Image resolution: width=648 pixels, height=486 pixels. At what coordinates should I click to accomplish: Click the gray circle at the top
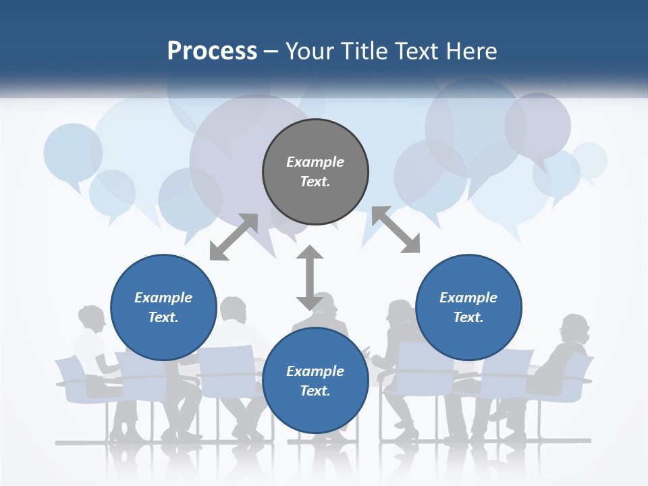pyautogui.click(x=315, y=171)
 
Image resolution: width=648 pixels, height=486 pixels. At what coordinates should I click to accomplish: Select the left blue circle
pyautogui.click(x=163, y=307)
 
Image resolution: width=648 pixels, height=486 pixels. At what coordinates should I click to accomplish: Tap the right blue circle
pyautogui.click(x=468, y=307)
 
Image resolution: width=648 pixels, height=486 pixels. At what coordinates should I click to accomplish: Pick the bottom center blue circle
pyautogui.click(x=315, y=381)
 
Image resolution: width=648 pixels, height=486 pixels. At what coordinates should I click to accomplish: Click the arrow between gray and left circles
pyautogui.click(x=234, y=237)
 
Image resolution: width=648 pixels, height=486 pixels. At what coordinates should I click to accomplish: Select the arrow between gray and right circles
pyautogui.click(x=396, y=230)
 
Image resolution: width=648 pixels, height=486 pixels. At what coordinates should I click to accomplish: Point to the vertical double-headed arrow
pyautogui.click(x=310, y=277)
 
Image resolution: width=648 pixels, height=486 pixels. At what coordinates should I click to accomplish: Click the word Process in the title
pyautogui.click(x=212, y=51)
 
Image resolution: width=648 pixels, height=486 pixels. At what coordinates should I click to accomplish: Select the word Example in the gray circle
pyautogui.click(x=315, y=162)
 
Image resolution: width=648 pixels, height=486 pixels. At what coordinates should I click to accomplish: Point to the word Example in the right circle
pyautogui.click(x=468, y=298)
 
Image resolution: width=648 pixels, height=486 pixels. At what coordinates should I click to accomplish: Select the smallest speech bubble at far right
pyautogui.click(x=589, y=160)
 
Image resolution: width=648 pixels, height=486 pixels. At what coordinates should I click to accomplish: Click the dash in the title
pyautogui.click(x=271, y=51)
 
